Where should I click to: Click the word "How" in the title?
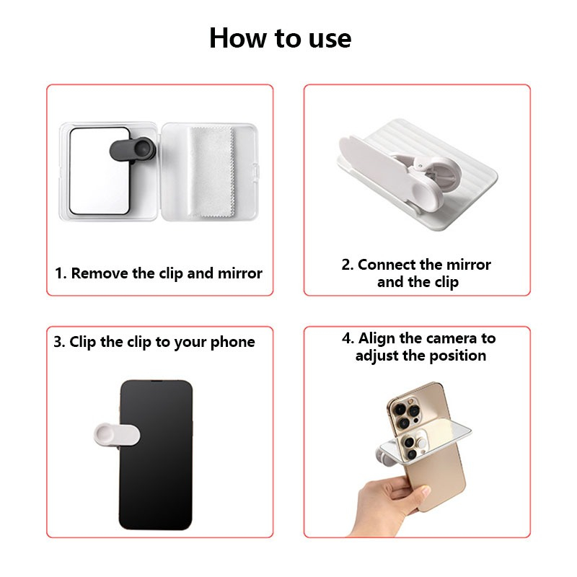[x=238, y=38]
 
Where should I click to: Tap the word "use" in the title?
[x=330, y=40]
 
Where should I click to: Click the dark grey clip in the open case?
[x=133, y=150]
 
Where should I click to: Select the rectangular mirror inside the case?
[x=100, y=171]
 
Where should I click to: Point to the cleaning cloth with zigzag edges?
[x=212, y=172]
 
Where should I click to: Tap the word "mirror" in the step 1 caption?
[x=240, y=273]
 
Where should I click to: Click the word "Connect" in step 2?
[x=387, y=265]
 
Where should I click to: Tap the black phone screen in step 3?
[x=156, y=455]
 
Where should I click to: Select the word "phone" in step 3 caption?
[x=232, y=343]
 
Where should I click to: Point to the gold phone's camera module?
[x=406, y=414]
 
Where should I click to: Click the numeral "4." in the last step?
[x=348, y=338]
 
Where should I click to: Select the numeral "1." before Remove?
[x=61, y=273]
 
